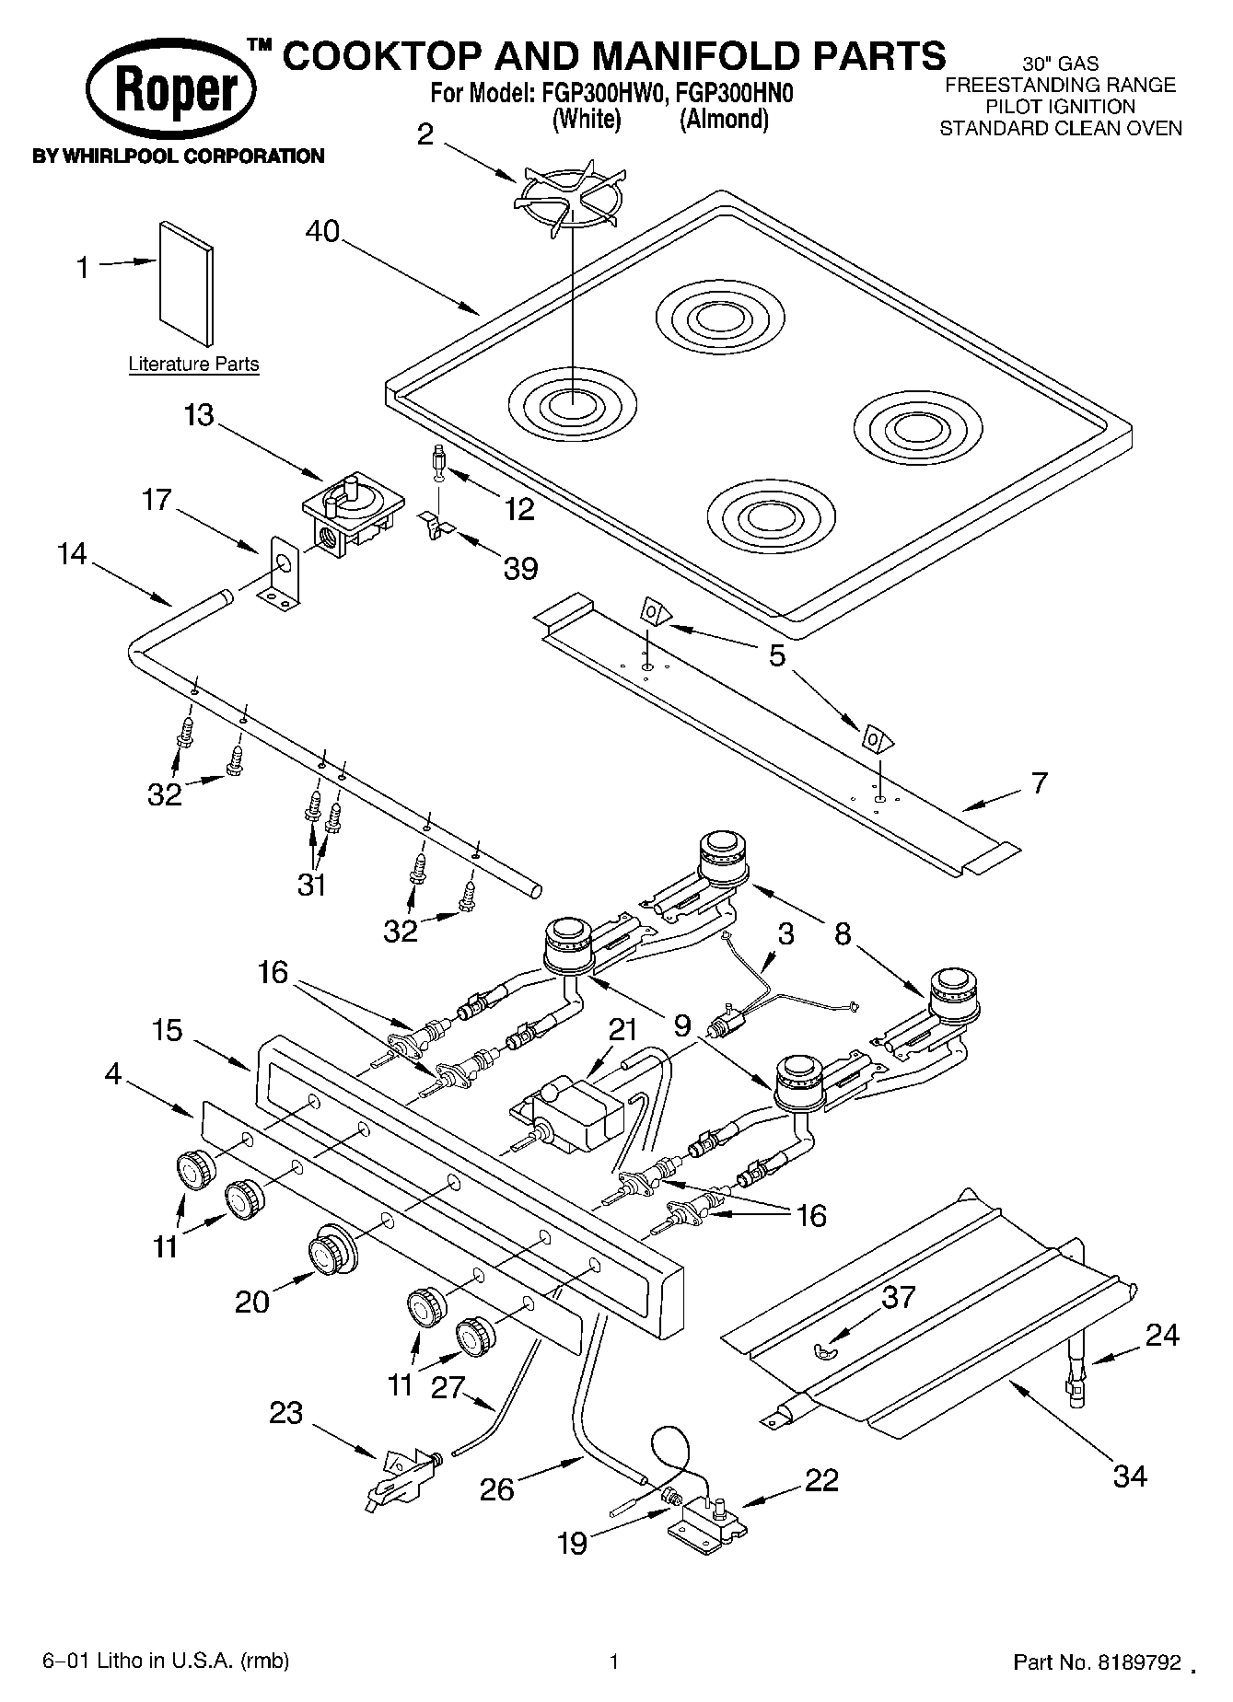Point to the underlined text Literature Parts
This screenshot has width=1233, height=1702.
click(x=193, y=365)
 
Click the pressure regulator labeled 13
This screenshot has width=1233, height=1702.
click(x=353, y=514)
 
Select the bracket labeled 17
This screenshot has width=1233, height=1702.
click(x=284, y=576)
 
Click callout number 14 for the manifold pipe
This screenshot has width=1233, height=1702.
click(x=71, y=554)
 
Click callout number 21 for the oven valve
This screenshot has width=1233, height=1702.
click(x=623, y=1029)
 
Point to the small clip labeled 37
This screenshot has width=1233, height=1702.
click(x=825, y=1349)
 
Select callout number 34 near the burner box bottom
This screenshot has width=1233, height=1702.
click(x=1130, y=1476)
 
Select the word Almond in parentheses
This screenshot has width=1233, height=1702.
click(x=724, y=120)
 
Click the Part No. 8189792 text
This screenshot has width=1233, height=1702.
click(x=1097, y=1662)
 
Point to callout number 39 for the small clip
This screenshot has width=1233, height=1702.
click(x=520, y=569)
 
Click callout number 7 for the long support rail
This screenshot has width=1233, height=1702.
click(x=1039, y=783)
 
